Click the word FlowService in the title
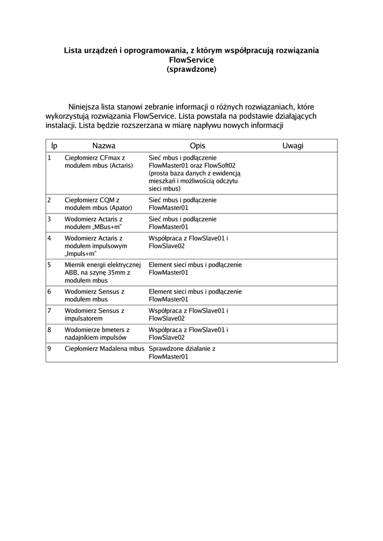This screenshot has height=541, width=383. tap(191, 60)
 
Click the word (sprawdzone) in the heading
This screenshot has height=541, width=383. tap(191, 69)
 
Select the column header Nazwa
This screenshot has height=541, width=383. tap(104, 146)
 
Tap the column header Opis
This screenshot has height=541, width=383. tap(197, 146)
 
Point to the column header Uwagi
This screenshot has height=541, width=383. tap(293, 146)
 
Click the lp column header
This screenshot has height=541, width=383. tap(54, 146)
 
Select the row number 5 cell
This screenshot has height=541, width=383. tap(49, 265)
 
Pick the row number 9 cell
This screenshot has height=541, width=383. tap(49, 349)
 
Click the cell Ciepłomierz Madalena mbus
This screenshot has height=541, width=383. tap(104, 349)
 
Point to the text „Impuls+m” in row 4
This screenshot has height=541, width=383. tap(80, 254)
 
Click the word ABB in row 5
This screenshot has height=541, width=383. tap(71, 273)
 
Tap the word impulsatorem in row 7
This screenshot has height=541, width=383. tap(84, 319)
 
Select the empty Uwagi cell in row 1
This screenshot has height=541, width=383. tap(293, 173)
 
